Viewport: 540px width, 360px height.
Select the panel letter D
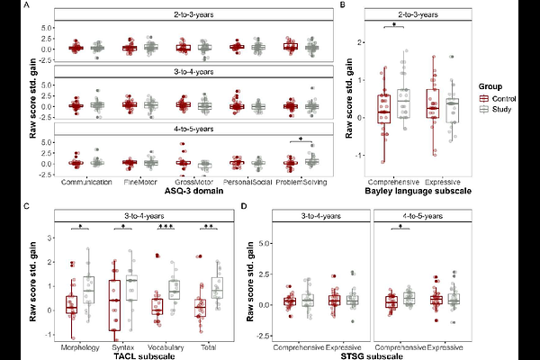pyautogui.click(x=243, y=207)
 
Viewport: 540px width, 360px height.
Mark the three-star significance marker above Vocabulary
pyautogui.click(x=166, y=226)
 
